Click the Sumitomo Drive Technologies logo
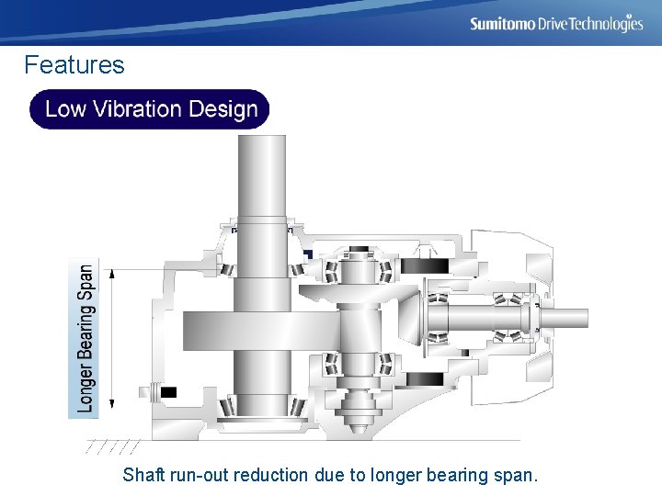pyautogui.click(x=556, y=23)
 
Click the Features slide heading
pyautogui.click(x=74, y=65)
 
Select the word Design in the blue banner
pyautogui.click(x=223, y=109)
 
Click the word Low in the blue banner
pyautogui.click(x=64, y=109)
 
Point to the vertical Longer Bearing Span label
pyautogui.click(x=85, y=338)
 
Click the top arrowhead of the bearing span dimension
pyautogui.click(x=112, y=274)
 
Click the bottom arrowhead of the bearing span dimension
pyautogui.click(x=112, y=403)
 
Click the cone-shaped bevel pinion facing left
pyautogui.click(x=409, y=319)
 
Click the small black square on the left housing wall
pyautogui.click(x=167, y=392)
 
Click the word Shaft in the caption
pyautogui.click(x=143, y=475)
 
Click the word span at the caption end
pyautogui.click(x=518, y=476)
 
